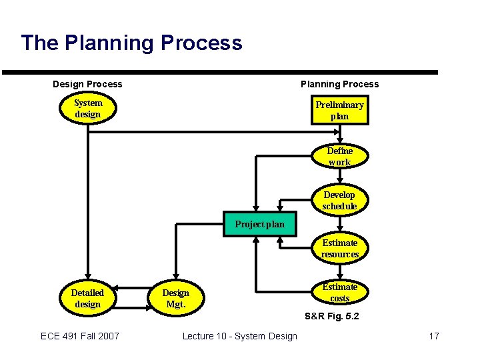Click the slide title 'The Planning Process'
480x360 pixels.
click(131, 43)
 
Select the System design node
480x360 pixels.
click(88, 109)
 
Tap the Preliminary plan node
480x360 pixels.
click(339, 111)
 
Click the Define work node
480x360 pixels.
click(339, 157)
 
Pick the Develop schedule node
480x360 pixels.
click(339, 201)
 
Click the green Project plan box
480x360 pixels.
click(259, 224)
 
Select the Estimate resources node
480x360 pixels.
click(339, 249)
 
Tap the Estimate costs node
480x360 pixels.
click(339, 293)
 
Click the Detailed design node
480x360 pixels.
click(87, 299)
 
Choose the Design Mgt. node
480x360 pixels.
click(176, 299)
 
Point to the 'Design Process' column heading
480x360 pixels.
click(87, 84)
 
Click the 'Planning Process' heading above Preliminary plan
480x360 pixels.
click(339, 84)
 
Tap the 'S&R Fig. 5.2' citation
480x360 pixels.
click(331, 316)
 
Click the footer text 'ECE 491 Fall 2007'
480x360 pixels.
click(80, 336)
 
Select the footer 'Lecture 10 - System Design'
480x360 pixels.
click(240, 336)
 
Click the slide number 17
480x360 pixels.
click(434, 336)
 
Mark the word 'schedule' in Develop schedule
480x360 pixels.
click(339, 207)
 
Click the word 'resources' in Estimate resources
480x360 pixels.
click(339, 255)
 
